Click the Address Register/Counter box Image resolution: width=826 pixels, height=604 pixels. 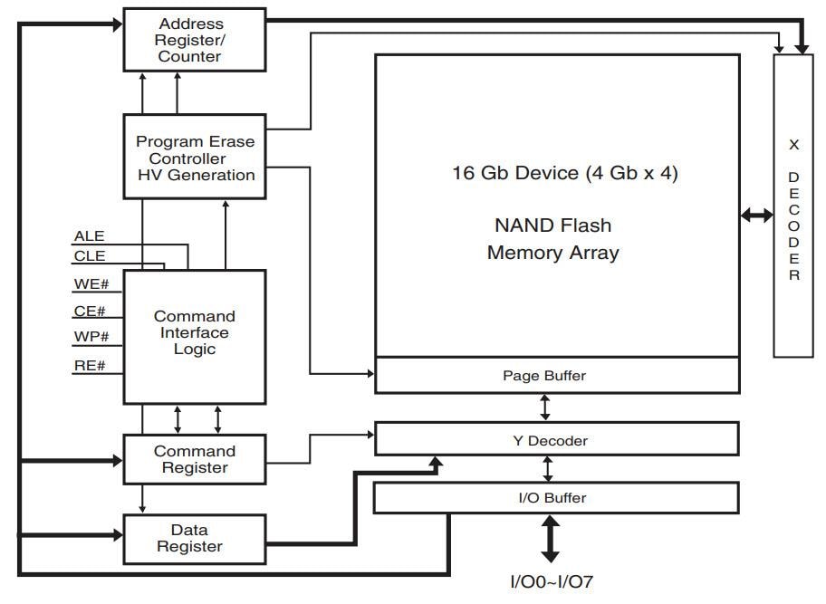195,40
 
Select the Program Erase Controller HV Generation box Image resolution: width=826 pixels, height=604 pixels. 195,158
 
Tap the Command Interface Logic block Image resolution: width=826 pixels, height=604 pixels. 195,333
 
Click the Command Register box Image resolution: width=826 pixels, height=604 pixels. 195,459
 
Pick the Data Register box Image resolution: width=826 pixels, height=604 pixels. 195,538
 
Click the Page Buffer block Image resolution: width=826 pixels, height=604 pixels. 556,375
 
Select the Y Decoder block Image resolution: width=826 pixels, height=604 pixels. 556,440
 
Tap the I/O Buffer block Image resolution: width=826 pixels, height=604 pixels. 556,498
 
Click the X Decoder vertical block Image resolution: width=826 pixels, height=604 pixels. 793,206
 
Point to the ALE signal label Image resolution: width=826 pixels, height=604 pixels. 90,236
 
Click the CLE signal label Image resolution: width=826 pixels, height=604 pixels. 90,256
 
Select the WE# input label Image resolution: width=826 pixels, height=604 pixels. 91,284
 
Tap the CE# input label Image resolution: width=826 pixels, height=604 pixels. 90,312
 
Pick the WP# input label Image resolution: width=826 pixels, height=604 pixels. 91,338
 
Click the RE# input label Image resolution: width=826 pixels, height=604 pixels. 90,366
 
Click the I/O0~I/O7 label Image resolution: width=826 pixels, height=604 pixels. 551,582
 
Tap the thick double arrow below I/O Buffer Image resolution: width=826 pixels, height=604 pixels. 550,539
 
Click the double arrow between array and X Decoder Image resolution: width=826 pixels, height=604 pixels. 756,216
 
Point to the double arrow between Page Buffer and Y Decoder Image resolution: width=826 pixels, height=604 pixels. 545,407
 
